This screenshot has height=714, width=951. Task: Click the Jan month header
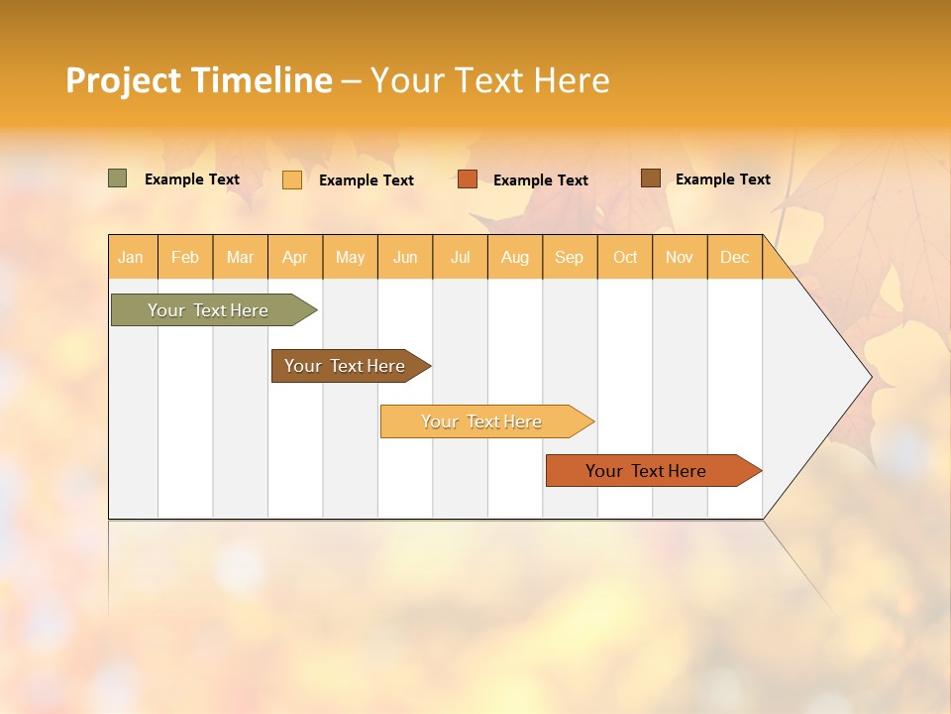(131, 257)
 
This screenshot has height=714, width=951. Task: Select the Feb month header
(185, 257)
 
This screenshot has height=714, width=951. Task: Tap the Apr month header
(295, 257)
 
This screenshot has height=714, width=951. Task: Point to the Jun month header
(405, 257)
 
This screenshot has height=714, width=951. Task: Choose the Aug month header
(515, 257)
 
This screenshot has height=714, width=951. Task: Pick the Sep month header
(570, 257)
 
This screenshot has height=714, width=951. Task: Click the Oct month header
(625, 257)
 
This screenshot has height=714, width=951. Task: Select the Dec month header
(735, 257)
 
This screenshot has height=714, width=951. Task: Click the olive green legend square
(117, 178)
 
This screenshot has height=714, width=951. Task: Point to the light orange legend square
(292, 179)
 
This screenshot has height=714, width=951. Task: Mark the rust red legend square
(468, 179)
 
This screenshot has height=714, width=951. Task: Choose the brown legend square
(650, 178)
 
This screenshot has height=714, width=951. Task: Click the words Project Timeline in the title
(198, 80)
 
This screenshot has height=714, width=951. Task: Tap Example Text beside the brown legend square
(722, 179)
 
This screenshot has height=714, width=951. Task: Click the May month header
(350, 257)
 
